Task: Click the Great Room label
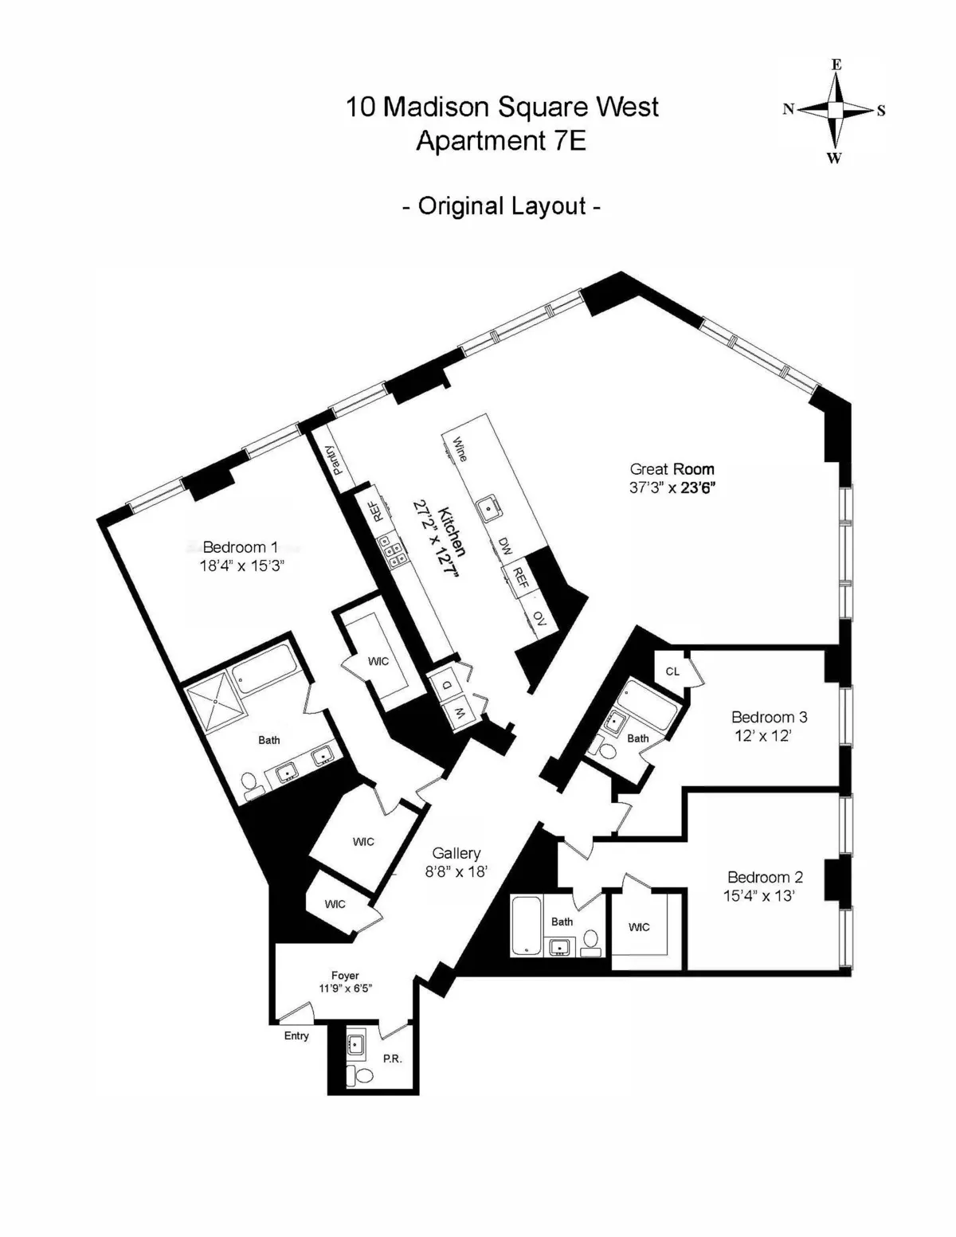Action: point(672,469)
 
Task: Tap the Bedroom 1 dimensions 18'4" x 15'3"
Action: point(241,566)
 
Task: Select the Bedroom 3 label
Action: point(769,717)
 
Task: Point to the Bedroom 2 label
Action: point(765,877)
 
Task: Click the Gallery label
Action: point(456,853)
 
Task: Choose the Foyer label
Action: point(345,976)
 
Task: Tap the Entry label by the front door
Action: point(296,1035)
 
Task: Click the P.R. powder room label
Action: point(392,1059)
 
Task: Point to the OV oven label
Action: point(539,618)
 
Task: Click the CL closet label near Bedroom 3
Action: point(672,671)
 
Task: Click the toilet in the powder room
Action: point(363,1075)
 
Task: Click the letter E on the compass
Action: point(836,65)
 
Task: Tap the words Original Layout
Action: point(501,206)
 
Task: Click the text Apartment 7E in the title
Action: point(501,141)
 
